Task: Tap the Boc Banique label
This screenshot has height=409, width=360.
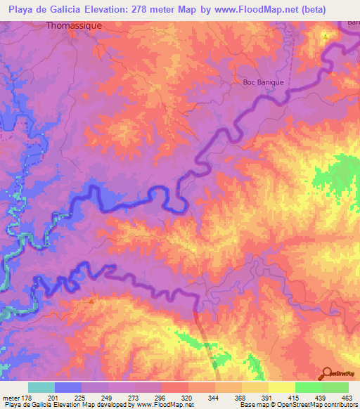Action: (x=263, y=82)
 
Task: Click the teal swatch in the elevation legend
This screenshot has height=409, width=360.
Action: (x=41, y=387)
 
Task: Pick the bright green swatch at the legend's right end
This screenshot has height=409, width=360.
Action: (x=335, y=387)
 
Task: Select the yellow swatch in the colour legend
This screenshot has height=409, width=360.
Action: (x=281, y=387)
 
